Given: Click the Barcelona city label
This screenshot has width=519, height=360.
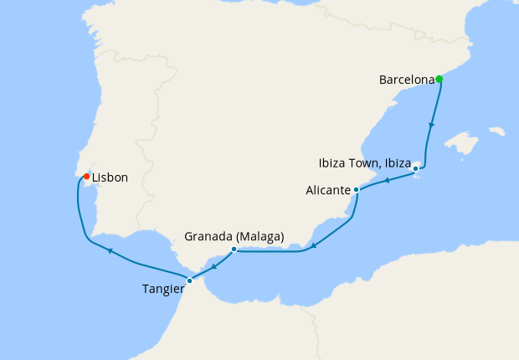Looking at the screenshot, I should tap(407, 80).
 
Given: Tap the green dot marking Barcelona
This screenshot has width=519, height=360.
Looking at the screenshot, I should tap(439, 80).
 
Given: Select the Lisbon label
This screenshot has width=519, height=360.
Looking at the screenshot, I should tap(110, 177).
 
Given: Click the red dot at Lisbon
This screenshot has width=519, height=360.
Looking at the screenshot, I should tap(87, 176).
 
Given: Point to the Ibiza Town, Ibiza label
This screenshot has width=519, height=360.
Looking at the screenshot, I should tap(365, 162).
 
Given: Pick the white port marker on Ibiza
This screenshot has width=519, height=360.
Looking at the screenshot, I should tap(416, 170).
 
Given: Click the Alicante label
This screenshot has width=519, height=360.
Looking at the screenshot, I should tap(328, 191).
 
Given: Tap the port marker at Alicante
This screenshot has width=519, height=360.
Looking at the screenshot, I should tap(357, 190).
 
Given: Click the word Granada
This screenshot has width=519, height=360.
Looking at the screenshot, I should tap(209, 237).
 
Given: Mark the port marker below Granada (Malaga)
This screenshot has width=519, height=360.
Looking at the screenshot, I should tap(234, 249).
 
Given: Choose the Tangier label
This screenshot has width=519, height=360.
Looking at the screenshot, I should tap(164, 290).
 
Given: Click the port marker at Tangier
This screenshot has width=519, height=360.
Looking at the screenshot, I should tap(190, 280).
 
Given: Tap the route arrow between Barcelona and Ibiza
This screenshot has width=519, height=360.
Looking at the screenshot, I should tap(431, 126).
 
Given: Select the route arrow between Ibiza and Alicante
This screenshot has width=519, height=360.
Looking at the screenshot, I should tap(387, 180).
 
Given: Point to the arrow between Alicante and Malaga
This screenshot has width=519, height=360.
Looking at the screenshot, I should tap(312, 245).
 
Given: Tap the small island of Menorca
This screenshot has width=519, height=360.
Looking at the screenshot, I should tap(497, 131).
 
